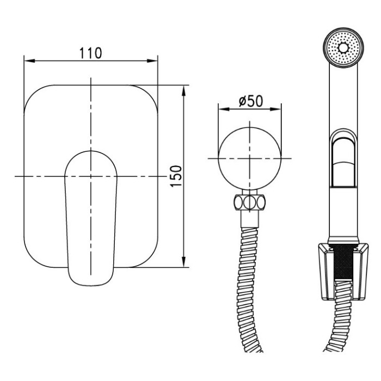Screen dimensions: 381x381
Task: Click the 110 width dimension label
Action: pos(90,53)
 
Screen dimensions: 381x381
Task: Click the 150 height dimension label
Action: pos(176,176)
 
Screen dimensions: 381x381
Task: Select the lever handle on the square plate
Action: pos(91,218)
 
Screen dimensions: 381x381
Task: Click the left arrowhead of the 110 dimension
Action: pos(29,61)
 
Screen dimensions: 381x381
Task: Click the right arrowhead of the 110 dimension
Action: pos(152,61)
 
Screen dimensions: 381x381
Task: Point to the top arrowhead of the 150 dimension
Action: pos(184,90)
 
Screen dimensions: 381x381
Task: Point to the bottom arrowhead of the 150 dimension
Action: pos(184,262)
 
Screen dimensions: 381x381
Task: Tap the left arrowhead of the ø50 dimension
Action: pos(224,109)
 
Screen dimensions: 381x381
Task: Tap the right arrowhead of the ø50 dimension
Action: pos(276,109)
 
